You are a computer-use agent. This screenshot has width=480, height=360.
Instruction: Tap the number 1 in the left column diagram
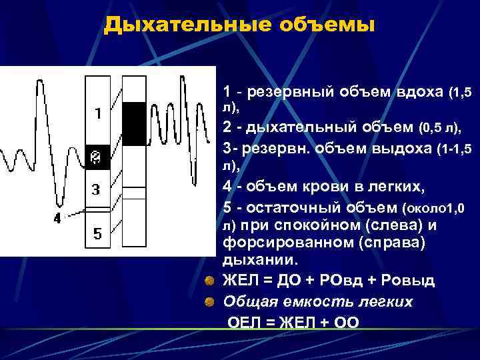pyautogui.click(x=97, y=114)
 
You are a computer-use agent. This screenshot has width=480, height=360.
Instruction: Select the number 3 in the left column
pyautogui.click(x=96, y=189)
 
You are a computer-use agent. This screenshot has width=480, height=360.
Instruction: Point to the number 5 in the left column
pyautogui.click(x=97, y=234)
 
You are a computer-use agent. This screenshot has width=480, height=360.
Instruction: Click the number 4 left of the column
pyautogui.click(x=57, y=218)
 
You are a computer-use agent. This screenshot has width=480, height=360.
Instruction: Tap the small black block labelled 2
pyautogui.click(x=97, y=157)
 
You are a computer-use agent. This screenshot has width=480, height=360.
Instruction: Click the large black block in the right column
pyautogui.click(x=134, y=123)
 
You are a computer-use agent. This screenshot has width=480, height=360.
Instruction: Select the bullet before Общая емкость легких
pyautogui.click(x=209, y=302)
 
